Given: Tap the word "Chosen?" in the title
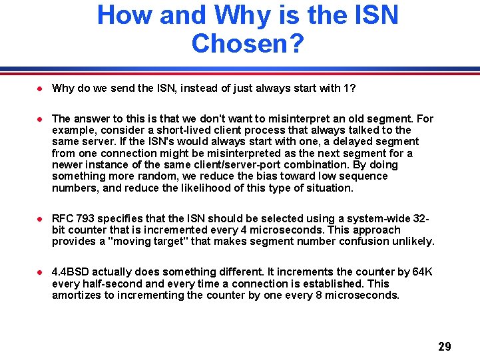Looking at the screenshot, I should [x=248, y=44].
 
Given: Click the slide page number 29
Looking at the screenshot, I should [x=445, y=347].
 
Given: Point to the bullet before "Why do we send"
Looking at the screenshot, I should [x=40, y=88].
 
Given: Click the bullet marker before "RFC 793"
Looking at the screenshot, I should [x=40, y=218].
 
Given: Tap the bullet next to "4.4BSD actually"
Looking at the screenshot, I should [x=40, y=271].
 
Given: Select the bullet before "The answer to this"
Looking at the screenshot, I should [x=40, y=118].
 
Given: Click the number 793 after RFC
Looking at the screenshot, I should [x=84, y=218].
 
